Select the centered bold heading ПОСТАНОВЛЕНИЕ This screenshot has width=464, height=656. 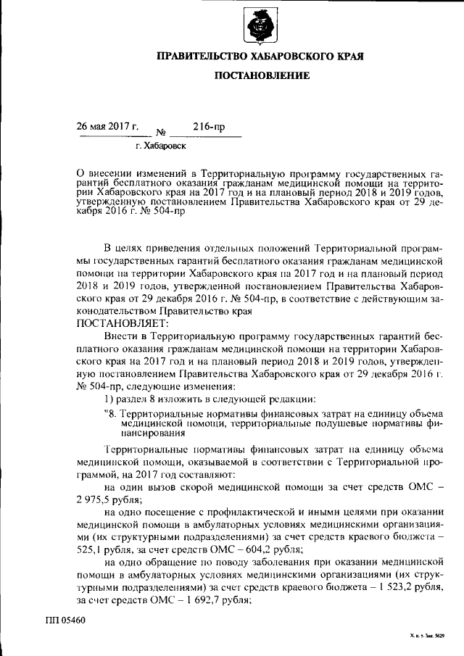(x=261, y=75)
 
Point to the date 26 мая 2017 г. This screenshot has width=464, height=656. (x=109, y=126)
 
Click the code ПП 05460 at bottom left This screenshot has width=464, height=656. (x=65, y=621)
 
